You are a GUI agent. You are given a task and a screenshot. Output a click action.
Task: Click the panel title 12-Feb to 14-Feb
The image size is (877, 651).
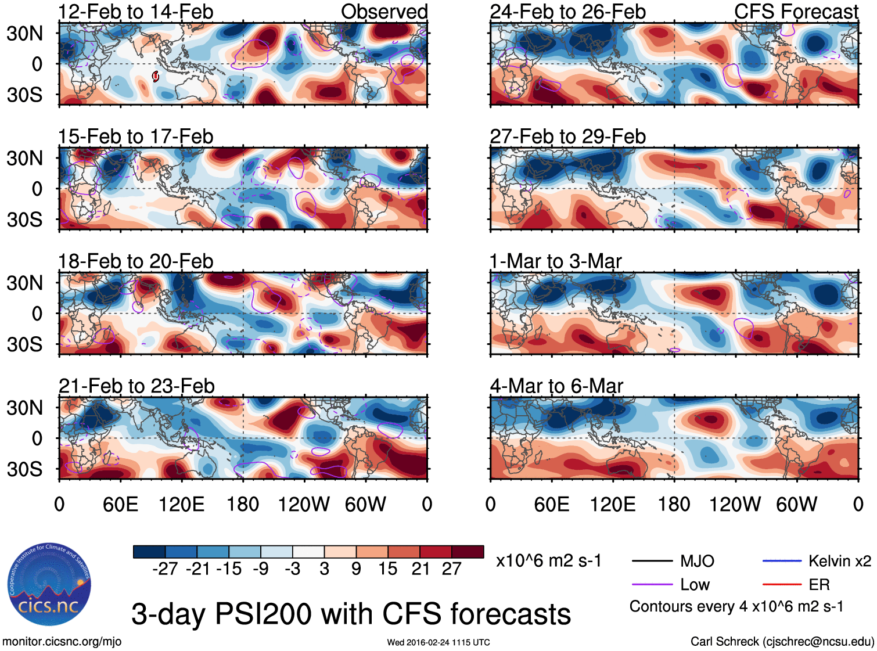pyautogui.click(x=136, y=12)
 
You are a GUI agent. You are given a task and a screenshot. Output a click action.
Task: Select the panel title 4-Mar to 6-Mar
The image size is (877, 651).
pyautogui.click(x=556, y=386)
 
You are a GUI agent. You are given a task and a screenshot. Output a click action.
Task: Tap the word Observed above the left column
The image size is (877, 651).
pyautogui.click(x=384, y=12)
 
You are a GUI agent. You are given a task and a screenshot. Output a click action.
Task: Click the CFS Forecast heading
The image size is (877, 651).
pyautogui.click(x=796, y=12)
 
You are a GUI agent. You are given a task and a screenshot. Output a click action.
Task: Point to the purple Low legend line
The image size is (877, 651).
pyautogui.click(x=651, y=585)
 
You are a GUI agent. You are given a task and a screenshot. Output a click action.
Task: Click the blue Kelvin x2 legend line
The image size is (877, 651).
pyautogui.click(x=782, y=561)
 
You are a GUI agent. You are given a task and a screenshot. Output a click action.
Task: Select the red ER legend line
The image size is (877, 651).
pyautogui.click(x=782, y=585)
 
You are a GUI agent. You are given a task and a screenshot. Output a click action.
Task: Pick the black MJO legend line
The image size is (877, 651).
pyautogui.click(x=651, y=561)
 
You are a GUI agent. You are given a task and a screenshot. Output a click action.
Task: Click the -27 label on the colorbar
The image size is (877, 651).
pyautogui.click(x=165, y=569)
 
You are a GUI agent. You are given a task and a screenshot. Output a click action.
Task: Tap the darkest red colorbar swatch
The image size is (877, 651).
pyautogui.click(x=468, y=552)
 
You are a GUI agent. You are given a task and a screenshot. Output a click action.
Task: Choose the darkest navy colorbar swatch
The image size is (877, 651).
pyautogui.click(x=149, y=552)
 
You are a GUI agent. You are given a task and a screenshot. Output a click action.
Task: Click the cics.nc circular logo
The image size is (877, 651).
pyautogui.click(x=49, y=585)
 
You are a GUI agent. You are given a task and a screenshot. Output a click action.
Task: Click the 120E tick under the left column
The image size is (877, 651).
pyautogui.click(x=181, y=504)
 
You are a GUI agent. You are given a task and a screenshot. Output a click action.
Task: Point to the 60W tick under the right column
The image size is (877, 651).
pyautogui.click(x=796, y=504)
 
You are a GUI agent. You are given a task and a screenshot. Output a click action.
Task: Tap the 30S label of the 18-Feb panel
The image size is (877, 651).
pyautogui.click(x=24, y=344)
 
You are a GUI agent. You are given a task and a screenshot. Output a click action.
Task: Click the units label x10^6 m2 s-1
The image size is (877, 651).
pyautogui.click(x=548, y=561)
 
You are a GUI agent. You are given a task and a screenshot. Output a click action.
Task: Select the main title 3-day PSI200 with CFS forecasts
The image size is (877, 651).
pyautogui.click(x=351, y=614)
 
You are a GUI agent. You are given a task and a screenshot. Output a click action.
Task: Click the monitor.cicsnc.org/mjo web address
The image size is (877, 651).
pyautogui.click(x=62, y=642)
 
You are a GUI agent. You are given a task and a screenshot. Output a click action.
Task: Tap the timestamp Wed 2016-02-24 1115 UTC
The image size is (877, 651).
pyautogui.click(x=438, y=642)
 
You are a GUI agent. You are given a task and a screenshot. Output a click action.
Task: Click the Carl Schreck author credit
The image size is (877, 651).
pyautogui.click(x=782, y=642)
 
